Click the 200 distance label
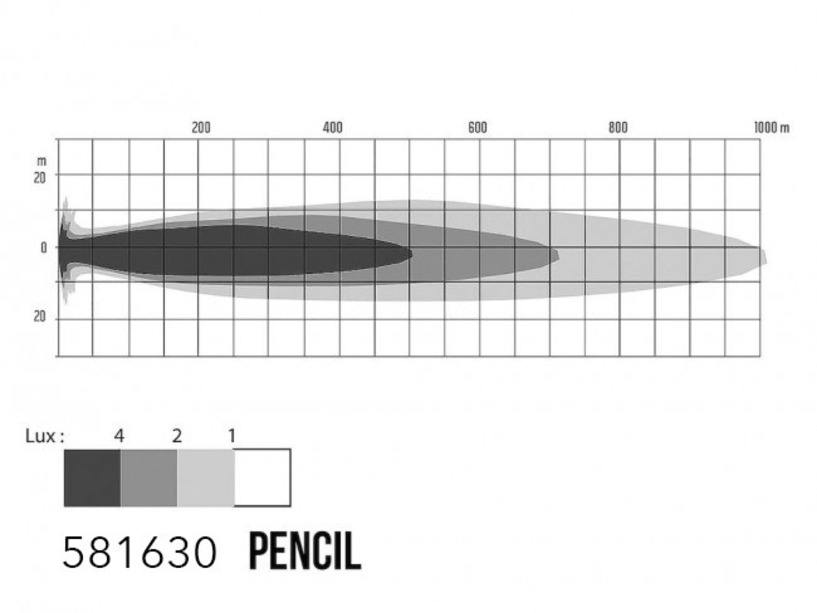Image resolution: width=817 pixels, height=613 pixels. [201, 128]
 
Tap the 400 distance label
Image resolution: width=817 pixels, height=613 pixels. [333, 128]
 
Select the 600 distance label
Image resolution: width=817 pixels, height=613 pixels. [478, 128]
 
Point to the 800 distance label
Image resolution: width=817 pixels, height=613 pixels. [618, 128]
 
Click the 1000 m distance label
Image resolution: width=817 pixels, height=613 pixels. [772, 128]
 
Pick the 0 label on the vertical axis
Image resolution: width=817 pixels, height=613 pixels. [44, 248]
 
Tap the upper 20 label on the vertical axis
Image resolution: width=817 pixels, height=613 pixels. [40, 178]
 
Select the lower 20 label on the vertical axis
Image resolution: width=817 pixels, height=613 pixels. [40, 316]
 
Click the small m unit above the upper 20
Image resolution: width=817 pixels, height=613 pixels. [42, 162]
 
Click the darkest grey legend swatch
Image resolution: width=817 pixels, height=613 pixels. [92, 478]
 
